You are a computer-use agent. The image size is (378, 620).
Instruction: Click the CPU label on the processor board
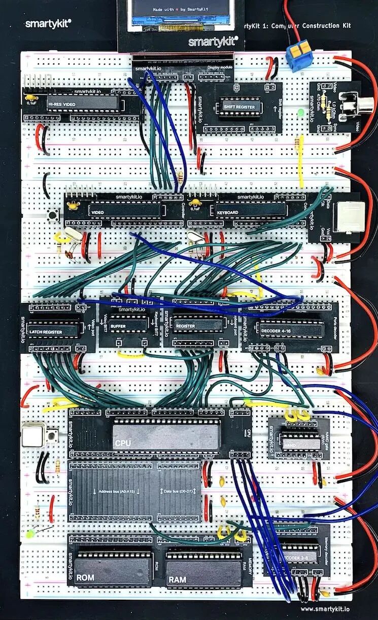point(123,443)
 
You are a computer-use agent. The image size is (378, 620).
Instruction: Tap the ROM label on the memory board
point(85,577)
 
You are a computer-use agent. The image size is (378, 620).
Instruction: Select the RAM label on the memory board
point(178,579)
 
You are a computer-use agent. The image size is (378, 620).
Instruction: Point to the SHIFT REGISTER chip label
point(238,107)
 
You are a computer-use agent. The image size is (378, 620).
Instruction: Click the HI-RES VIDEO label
point(62,104)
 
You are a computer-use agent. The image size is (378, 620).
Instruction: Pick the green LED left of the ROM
point(30,534)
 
